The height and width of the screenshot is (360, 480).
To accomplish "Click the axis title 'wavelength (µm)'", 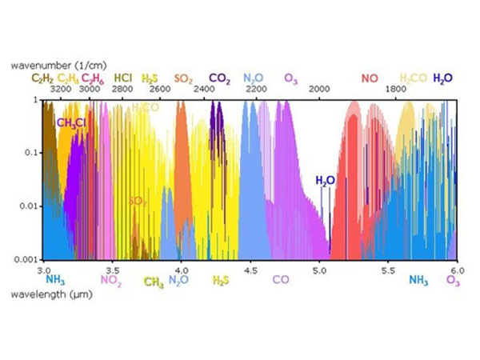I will (45, 293).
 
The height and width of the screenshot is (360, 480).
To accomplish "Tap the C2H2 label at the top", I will (42, 78).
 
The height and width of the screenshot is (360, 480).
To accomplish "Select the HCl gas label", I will (122, 78).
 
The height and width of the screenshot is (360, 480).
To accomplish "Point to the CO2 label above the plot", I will (220, 78).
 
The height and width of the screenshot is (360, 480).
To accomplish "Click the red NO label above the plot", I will (369, 78).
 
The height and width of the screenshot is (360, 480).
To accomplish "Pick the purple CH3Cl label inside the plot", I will (71, 122).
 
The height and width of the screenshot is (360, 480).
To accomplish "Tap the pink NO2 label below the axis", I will (111, 280).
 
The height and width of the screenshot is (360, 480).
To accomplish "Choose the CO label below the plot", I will (281, 280).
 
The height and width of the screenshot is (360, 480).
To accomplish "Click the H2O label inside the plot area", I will (325, 181).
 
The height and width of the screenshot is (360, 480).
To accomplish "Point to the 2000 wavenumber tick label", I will (319, 90).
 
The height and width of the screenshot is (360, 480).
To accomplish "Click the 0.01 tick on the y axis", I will (30, 206).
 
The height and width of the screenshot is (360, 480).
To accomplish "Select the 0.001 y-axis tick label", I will (28, 260).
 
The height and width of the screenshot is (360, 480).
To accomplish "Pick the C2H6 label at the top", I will (93, 78).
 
